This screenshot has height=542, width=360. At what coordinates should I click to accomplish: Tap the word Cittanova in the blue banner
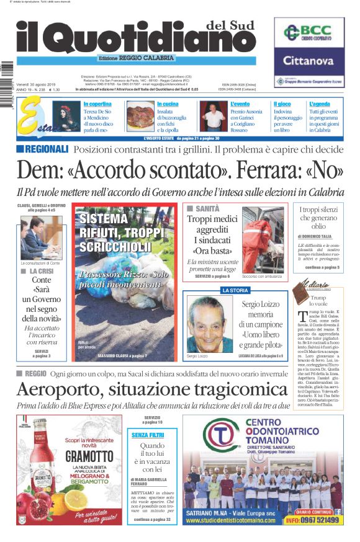[x=308, y=61]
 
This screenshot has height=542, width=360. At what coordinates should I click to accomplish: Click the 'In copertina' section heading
[x=97, y=104]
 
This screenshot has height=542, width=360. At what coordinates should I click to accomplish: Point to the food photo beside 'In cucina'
[x=140, y=115]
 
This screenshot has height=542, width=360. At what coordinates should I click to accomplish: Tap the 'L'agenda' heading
[x=320, y=104]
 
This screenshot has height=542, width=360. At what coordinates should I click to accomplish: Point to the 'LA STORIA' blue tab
[x=235, y=290]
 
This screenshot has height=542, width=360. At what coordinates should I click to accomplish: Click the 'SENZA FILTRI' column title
[x=148, y=435]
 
